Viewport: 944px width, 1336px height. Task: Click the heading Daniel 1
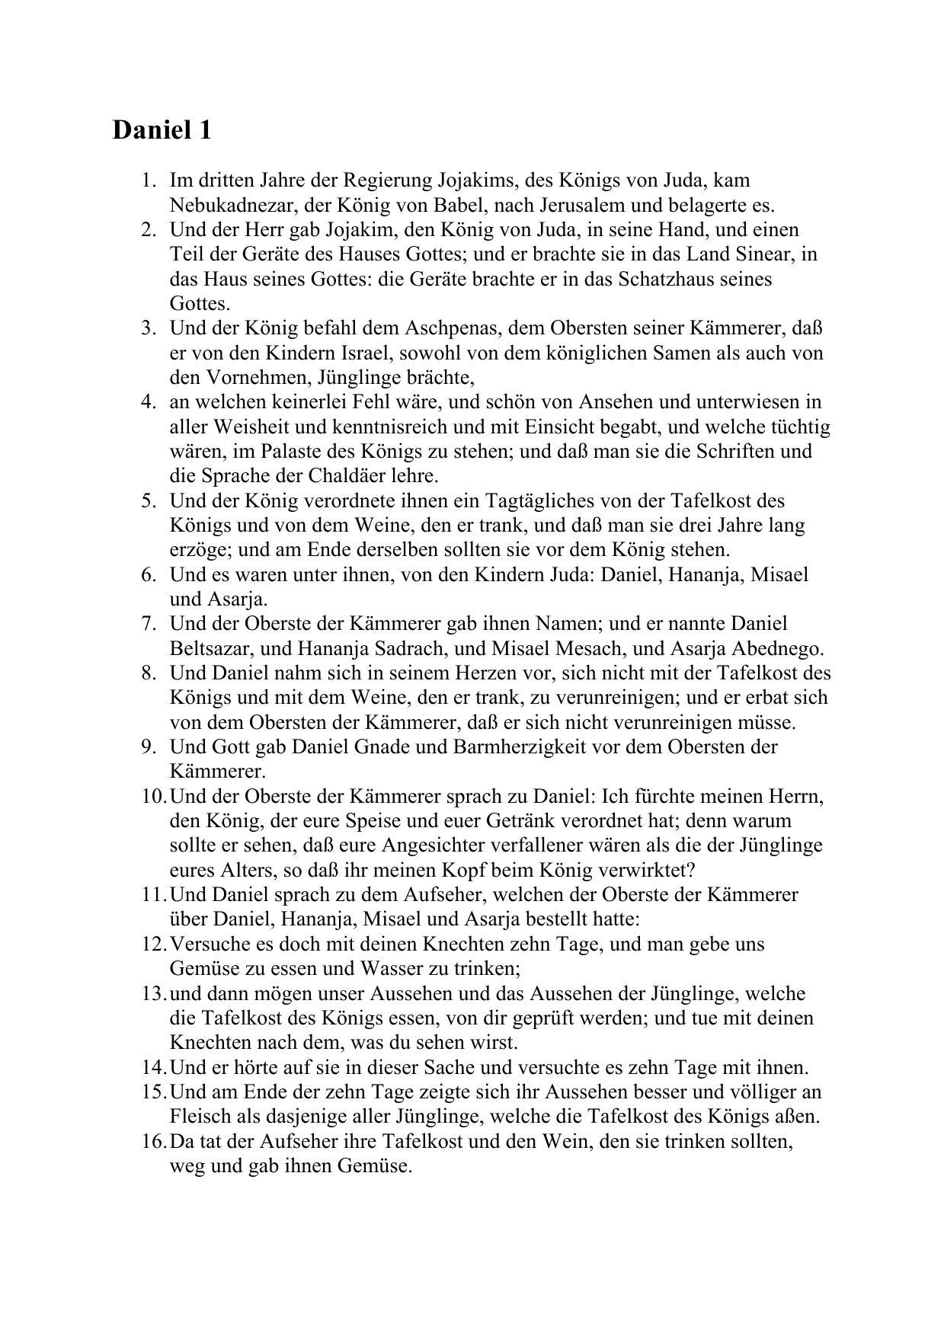tap(162, 129)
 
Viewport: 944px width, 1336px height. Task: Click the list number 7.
tap(149, 624)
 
